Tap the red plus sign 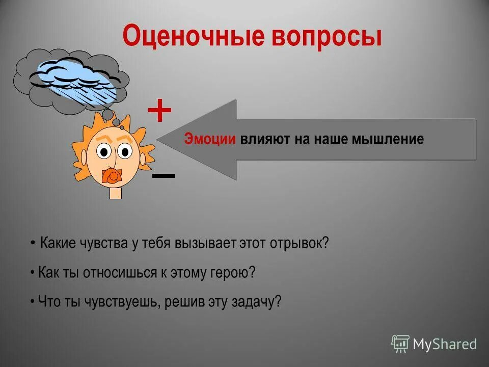[159, 111]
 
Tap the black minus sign [164, 176]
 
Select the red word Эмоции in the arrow [210, 139]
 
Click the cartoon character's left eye [105, 151]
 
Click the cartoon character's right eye [125, 151]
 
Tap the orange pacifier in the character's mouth [112, 176]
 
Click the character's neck [116, 193]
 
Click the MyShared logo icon [400, 344]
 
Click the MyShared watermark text [445, 345]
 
